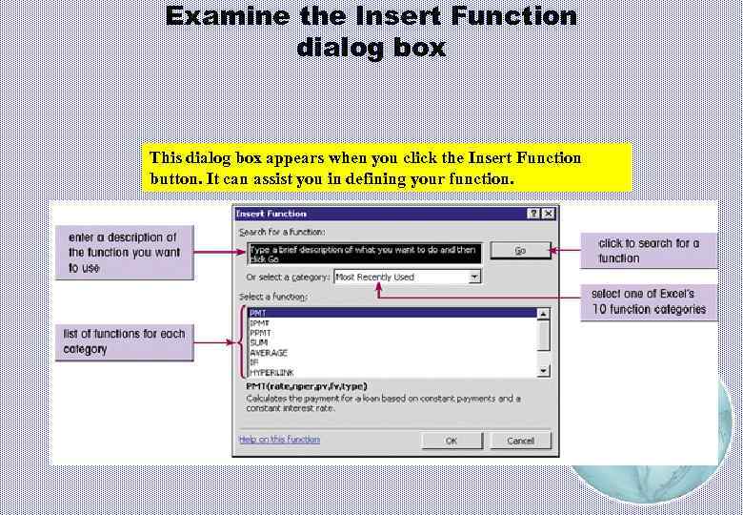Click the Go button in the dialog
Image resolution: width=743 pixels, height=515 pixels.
[x=520, y=251]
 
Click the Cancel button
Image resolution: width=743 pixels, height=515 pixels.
[x=520, y=441]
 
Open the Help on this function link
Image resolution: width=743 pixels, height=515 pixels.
[x=279, y=440]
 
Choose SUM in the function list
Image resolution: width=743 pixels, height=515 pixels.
[x=259, y=341]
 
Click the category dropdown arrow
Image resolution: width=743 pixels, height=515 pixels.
[x=474, y=277]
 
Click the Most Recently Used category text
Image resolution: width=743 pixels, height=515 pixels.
[x=374, y=277]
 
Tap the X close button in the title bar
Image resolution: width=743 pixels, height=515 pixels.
[x=547, y=214]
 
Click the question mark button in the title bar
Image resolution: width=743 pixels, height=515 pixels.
[x=532, y=214]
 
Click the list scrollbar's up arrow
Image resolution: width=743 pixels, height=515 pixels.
[x=544, y=313]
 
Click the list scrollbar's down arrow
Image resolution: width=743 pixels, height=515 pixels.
[x=544, y=370]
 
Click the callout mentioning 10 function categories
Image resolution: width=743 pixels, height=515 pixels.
[x=649, y=301]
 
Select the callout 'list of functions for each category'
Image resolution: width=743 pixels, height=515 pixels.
[x=124, y=341]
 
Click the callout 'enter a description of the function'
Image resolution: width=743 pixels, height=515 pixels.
[x=123, y=252]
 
